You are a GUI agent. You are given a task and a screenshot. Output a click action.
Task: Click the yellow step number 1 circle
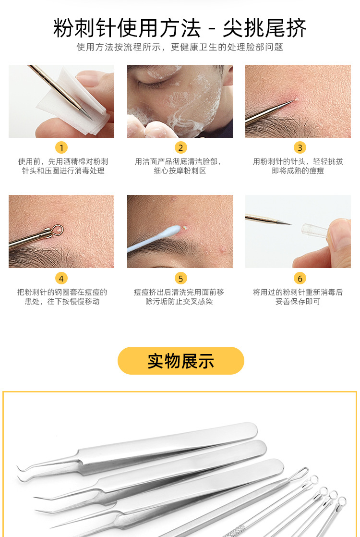[61, 147]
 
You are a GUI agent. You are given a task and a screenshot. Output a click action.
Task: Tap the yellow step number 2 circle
[180, 147]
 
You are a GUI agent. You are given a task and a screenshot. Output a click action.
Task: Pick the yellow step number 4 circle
[61, 278]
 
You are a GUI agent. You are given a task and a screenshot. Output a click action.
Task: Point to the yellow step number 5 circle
[180, 278]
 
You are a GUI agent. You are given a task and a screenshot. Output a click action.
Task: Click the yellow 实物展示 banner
[180, 361]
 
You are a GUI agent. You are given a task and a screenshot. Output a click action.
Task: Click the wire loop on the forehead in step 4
[57, 230]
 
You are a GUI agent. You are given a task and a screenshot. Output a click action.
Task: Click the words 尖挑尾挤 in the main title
[264, 29]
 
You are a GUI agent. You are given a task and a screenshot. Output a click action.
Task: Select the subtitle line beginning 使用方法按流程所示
[180, 47]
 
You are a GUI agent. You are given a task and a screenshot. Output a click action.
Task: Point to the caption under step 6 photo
[298, 297]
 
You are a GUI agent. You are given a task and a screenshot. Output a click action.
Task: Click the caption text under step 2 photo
[179, 166]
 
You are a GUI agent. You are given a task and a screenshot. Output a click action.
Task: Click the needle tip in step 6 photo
[289, 223]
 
